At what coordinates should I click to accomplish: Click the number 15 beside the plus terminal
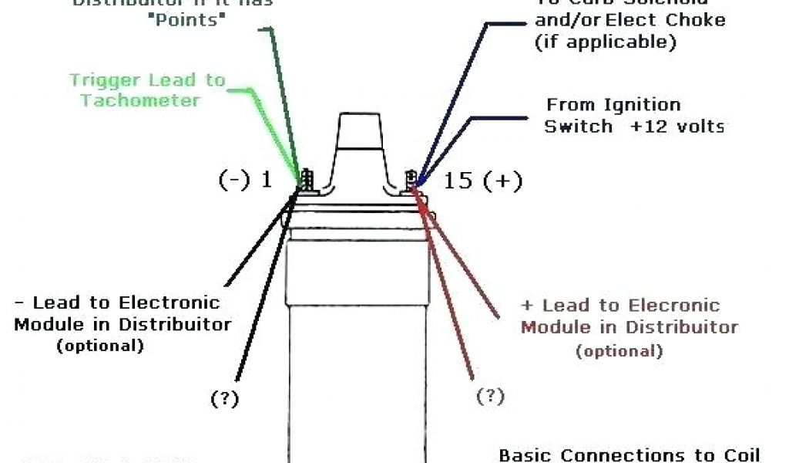tap(458, 181)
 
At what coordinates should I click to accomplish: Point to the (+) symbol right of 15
tap(504, 181)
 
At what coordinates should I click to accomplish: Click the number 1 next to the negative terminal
tap(267, 181)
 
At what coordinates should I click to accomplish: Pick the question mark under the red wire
tap(490, 397)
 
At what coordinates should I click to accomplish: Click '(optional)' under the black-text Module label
tap(100, 346)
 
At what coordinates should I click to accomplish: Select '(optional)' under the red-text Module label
tap(619, 351)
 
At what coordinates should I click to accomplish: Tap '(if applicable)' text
tap(605, 41)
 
